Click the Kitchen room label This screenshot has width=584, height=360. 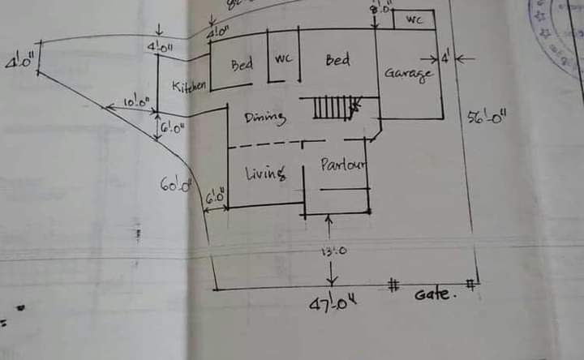(x=189, y=85)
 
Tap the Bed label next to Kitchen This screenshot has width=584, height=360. (x=242, y=65)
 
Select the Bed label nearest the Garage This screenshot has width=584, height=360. (x=337, y=60)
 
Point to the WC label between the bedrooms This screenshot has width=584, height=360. (x=283, y=59)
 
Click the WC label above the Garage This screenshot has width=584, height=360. (x=414, y=20)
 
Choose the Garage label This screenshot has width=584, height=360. (x=408, y=73)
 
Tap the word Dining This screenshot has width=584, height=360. (x=265, y=118)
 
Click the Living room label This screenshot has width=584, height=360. (x=265, y=172)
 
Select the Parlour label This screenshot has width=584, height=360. (x=343, y=165)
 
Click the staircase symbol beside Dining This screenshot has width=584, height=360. (x=332, y=107)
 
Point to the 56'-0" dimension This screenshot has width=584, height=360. (x=487, y=117)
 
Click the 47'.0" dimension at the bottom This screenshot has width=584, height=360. (x=333, y=305)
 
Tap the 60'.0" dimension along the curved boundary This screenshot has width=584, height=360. (x=175, y=185)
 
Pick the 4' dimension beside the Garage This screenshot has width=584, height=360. (x=445, y=58)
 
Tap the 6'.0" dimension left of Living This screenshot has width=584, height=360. (x=215, y=196)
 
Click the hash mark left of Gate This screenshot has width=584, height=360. (x=393, y=285)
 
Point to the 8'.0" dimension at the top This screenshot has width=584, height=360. (x=381, y=9)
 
